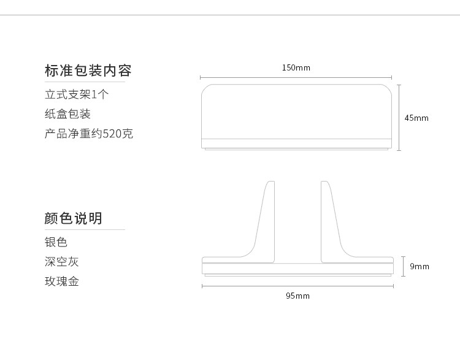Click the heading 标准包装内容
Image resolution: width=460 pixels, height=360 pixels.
[88, 70]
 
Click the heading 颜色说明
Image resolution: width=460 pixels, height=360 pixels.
[74, 218]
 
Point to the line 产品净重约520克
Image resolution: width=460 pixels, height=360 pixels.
[89, 133]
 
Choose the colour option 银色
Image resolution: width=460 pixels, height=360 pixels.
[56, 242]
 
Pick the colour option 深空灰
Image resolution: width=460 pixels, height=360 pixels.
[62, 262]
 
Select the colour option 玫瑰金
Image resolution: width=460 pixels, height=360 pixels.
[62, 281]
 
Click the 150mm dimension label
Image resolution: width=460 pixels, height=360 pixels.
[296, 67]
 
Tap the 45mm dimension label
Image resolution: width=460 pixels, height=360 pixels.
[416, 118]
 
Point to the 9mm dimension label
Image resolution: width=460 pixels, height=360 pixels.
[420, 266]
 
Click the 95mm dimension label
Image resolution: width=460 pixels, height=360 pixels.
[297, 296]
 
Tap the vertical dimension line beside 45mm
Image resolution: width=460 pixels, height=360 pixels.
[400, 117]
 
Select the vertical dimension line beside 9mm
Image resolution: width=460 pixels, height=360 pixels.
[403, 266]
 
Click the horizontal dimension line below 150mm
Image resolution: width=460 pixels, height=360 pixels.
[296, 77]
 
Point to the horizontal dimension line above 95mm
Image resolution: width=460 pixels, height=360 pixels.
[297, 285]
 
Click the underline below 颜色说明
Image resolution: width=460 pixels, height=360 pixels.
[85, 229]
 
